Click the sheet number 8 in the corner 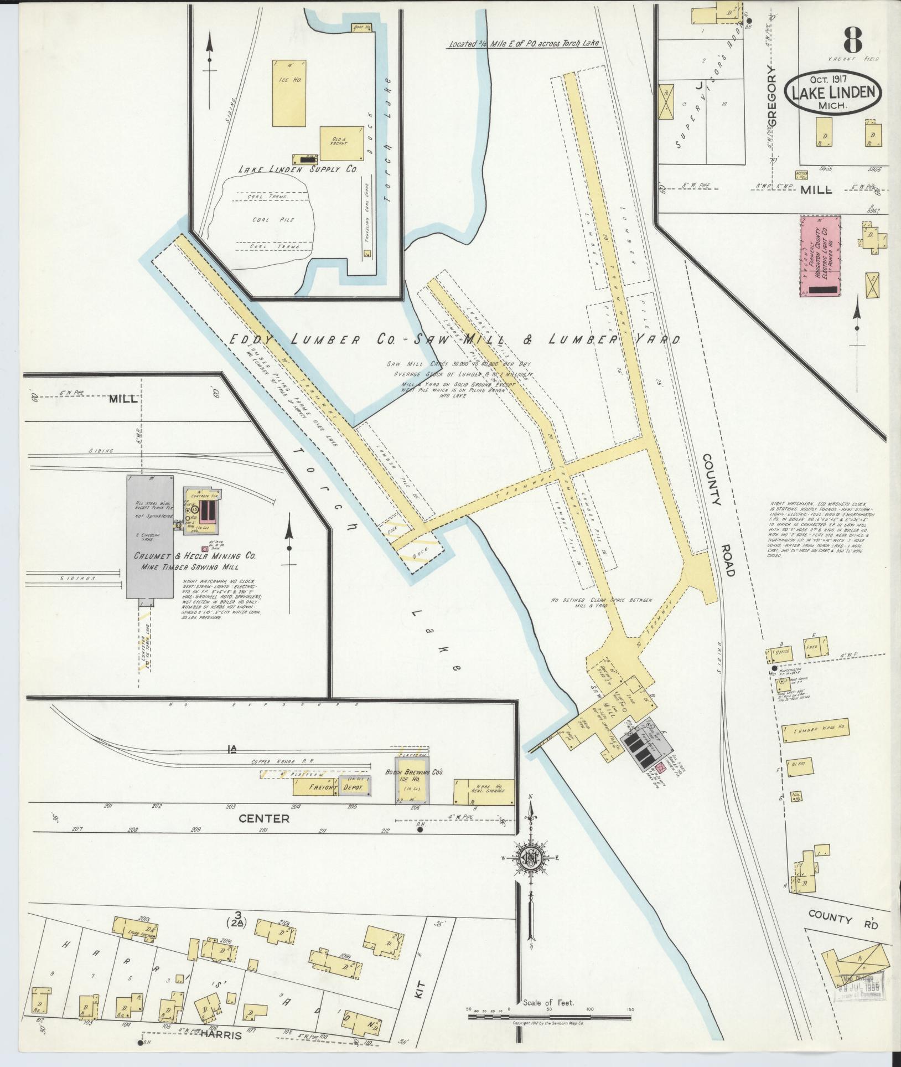(853, 38)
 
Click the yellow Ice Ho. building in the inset (288, 92)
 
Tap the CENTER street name (265, 818)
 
